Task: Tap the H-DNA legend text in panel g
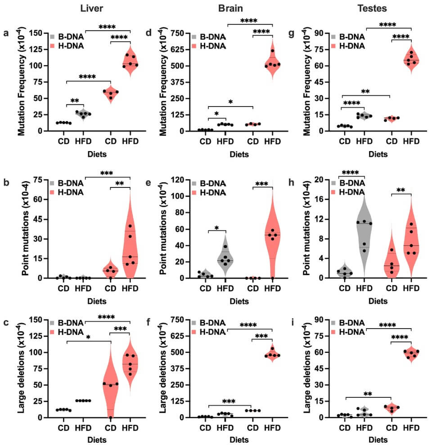352,45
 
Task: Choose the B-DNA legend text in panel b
70,183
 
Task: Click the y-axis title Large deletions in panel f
163,369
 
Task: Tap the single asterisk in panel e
217,228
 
